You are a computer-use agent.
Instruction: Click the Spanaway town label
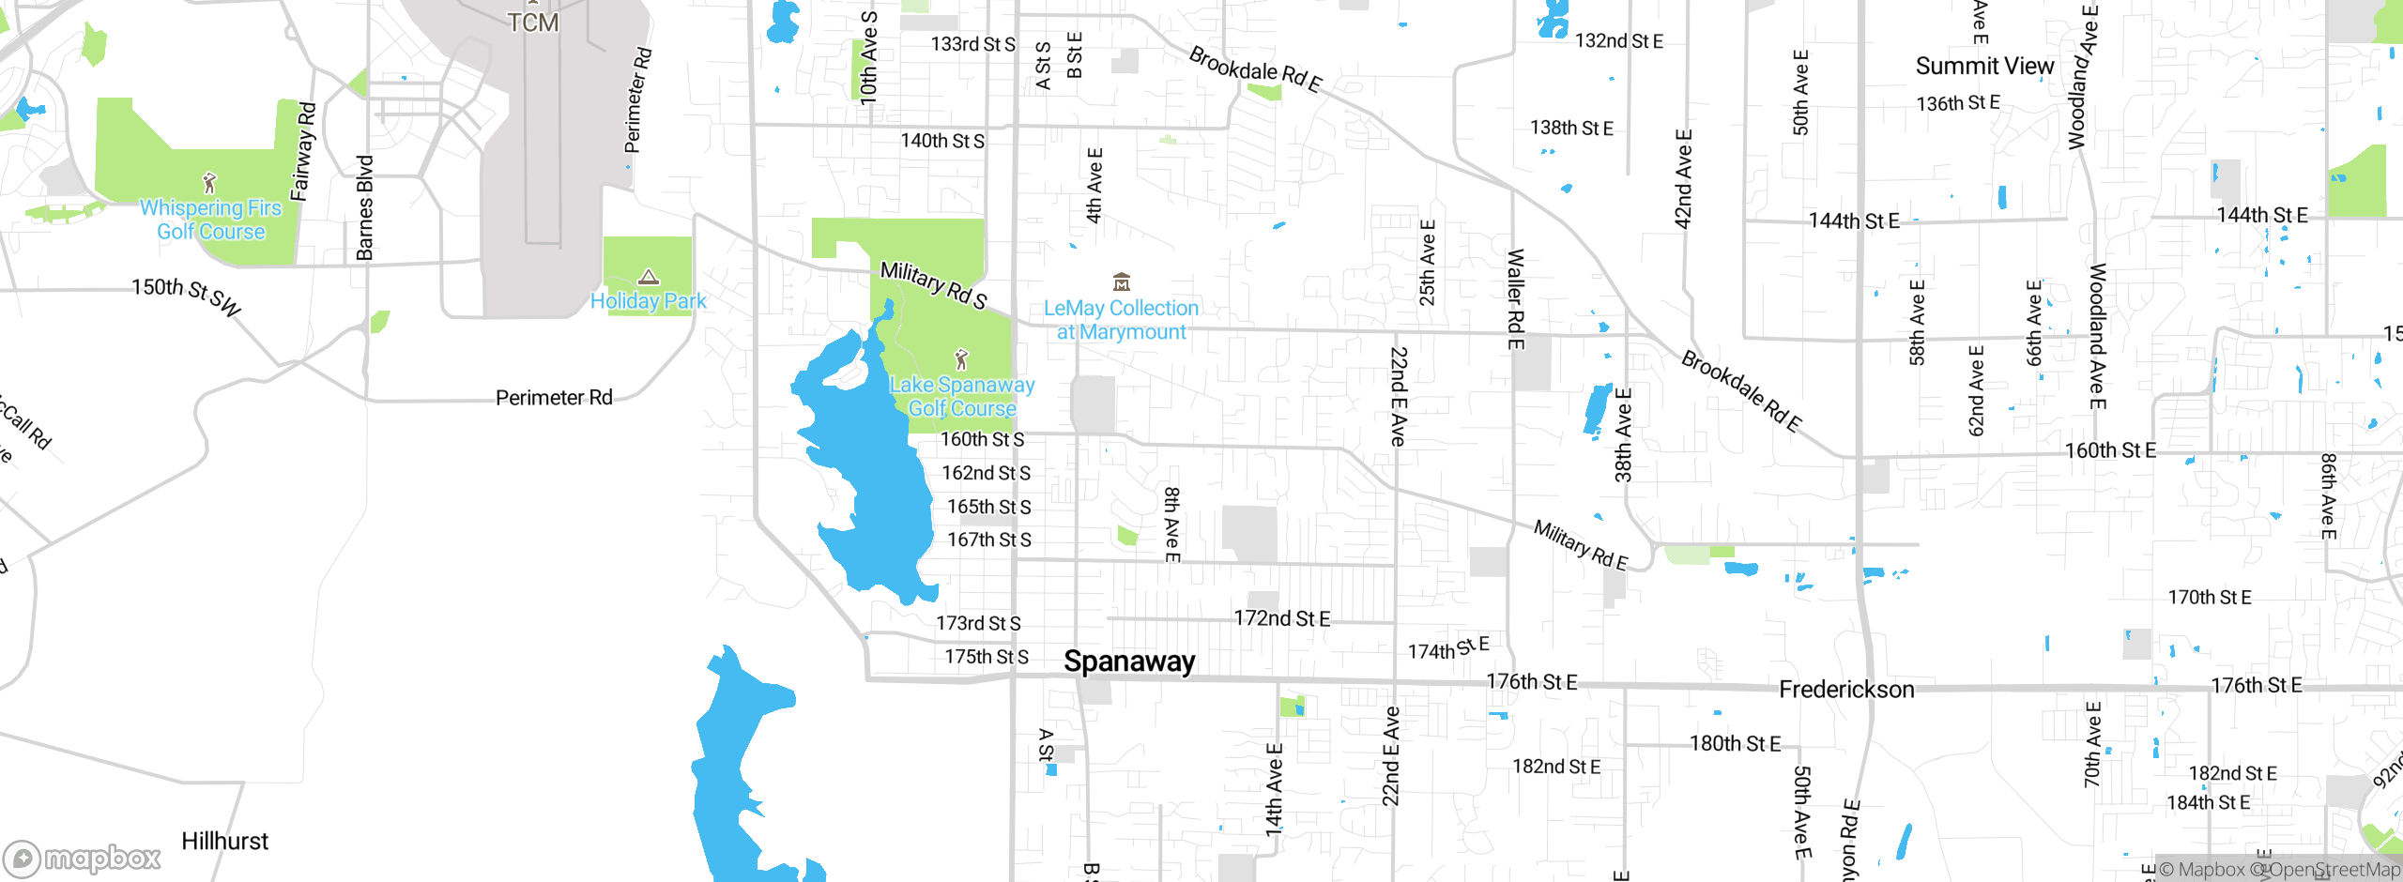[1129, 661]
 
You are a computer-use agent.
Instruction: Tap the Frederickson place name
[1846, 690]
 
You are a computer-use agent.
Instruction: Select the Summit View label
[1984, 66]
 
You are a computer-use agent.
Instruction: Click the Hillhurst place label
[224, 841]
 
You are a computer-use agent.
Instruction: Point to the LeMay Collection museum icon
[1121, 281]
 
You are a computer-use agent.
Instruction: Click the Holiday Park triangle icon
[649, 277]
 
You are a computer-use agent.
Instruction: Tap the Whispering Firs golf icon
[210, 182]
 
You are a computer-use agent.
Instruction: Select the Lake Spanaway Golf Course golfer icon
[960, 359]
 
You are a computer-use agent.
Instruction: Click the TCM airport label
[533, 22]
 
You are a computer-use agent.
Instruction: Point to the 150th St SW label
[187, 296]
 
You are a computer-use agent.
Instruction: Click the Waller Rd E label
[1515, 298]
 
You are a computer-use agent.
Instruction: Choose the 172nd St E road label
[1281, 618]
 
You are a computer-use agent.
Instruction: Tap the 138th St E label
[1571, 128]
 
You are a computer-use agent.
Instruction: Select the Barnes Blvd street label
[365, 207]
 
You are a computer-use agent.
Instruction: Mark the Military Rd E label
[1580, 545]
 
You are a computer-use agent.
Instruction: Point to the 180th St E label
[1735, 744]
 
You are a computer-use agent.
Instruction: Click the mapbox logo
[83, 858]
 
